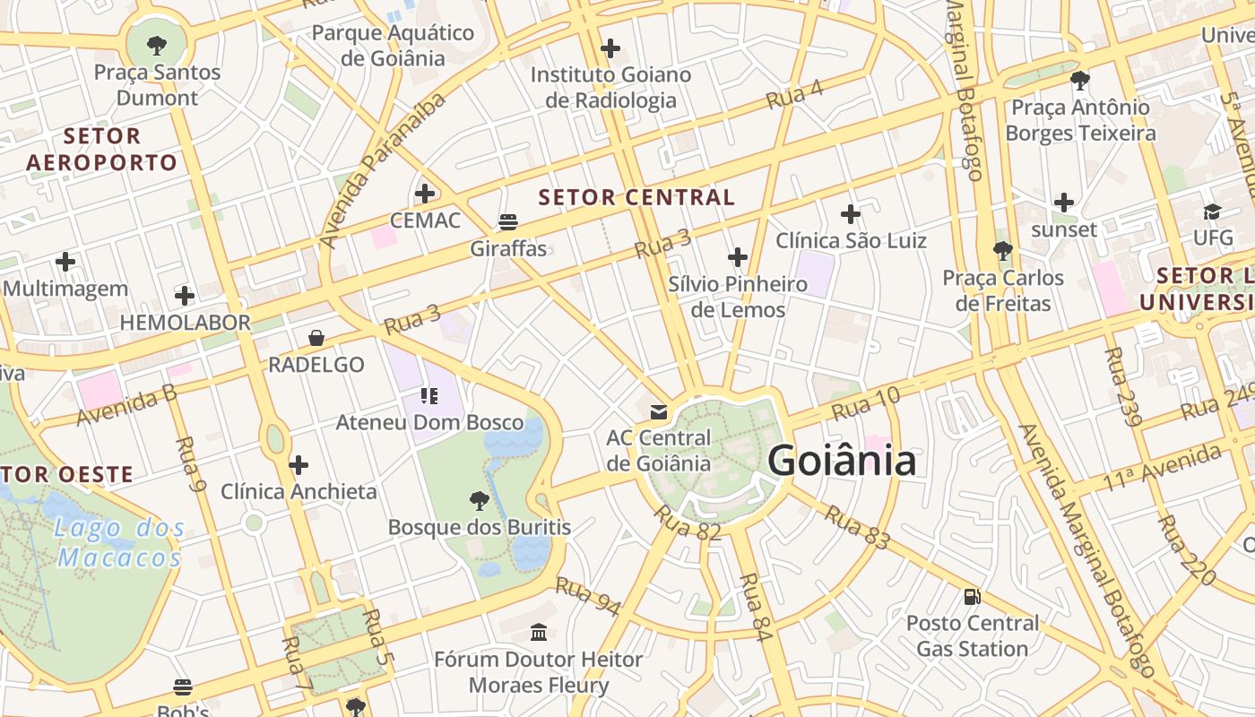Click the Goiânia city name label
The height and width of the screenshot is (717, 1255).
842,461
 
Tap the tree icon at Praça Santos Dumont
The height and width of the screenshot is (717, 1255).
157,44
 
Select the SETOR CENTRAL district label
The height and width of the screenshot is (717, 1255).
636,197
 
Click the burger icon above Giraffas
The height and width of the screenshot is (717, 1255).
508,221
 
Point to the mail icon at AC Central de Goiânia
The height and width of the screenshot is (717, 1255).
659,411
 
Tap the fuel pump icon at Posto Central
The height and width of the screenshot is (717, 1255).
973,596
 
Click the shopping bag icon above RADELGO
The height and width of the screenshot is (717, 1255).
316,338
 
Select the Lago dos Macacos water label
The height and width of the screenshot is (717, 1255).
119,543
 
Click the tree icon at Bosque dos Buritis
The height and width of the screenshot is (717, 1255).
480,500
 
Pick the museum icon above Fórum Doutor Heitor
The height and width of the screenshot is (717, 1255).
539,633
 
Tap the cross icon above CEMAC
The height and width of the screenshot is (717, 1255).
425,193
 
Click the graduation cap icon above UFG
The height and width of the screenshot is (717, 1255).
1213,212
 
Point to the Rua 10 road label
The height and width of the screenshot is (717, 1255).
865,404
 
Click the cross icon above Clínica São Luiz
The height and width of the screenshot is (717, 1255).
851,214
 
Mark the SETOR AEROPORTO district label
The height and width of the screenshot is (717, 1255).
102,149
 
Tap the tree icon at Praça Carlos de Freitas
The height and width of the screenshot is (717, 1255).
1002,251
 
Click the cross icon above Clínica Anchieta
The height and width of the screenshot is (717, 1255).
299,465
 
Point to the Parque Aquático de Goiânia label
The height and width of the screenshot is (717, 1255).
393,46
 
